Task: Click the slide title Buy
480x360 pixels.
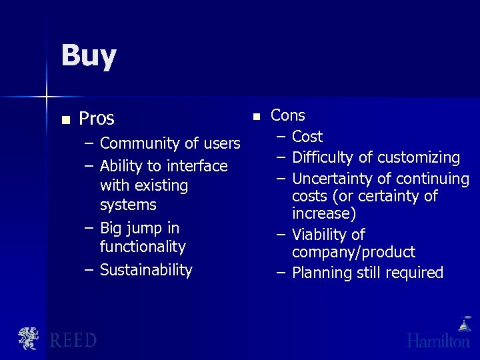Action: (x=89, y=56)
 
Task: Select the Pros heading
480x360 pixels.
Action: (x=97, y=119)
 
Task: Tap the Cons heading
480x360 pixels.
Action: (x=288, y=115)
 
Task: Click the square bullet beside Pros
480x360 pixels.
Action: (x=65, y=120)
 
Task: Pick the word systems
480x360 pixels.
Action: (x=128, y=205)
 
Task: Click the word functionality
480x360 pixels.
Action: (x=143, y=247)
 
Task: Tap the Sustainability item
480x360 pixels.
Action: (x=146, y=270)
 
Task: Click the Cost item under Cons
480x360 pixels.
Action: (x=307, y=137)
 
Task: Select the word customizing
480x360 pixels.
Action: (x=419, y=158)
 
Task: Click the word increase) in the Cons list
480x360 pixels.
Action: (x=324, y=213)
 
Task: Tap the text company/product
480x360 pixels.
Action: (x=353, y=252)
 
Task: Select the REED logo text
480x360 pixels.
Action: (x=73, y=341)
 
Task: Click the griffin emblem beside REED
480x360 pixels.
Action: (x=28, y=339)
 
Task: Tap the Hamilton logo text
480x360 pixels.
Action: (x=438, y=341)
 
